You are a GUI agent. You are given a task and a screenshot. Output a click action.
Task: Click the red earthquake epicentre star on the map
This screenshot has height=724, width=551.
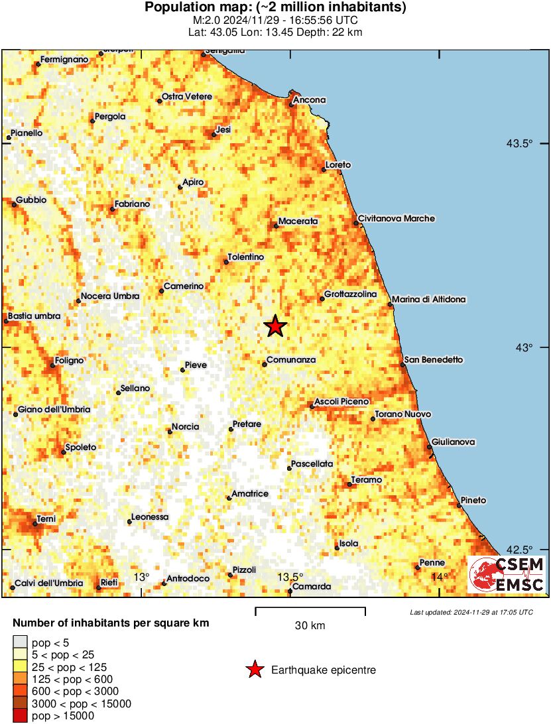(x=275, y=326)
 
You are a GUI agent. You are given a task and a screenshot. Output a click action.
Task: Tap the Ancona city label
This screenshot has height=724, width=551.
(x=310, y=100)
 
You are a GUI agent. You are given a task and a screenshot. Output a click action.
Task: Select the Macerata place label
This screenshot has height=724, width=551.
(x=298, y=221)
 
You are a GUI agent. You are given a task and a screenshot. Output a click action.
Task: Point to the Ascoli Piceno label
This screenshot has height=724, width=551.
(x=341, y=402)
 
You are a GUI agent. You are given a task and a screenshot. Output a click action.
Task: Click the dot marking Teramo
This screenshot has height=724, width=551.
(x=349, y=485)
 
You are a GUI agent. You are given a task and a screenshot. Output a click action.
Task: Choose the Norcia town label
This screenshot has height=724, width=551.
(x=185, y=426)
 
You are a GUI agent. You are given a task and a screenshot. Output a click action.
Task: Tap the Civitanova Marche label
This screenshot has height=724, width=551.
(x=397, y=218)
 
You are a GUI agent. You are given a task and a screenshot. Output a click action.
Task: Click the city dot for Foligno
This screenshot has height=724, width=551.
(x=53, y=365)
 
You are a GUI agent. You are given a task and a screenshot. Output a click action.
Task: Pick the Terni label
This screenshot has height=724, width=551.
(x=46, y=518)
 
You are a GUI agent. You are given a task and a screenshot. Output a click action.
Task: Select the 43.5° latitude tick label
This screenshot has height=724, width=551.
(x=520, y=143)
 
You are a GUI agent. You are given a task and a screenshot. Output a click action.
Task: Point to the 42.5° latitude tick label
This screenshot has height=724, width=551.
(x=520, y=550)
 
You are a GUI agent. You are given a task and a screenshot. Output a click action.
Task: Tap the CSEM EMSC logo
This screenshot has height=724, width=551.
(x=507, y=574)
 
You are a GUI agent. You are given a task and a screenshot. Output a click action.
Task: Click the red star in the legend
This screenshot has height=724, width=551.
(x=255, y=670)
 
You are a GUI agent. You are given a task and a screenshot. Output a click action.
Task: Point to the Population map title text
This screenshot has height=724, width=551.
(x=276, y=8)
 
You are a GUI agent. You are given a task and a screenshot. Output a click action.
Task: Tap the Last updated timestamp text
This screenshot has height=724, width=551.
(x=471, y=612)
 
